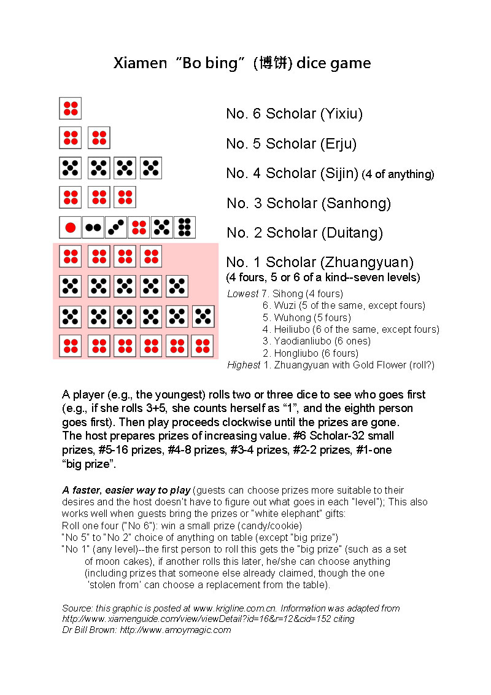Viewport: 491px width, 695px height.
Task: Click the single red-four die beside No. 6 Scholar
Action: point(71,108)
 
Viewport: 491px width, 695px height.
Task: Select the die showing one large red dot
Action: point(71,227)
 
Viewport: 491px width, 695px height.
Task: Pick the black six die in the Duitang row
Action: point(185,227)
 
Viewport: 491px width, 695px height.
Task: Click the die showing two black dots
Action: point(93,227)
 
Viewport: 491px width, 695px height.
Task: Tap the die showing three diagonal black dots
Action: point(116,227)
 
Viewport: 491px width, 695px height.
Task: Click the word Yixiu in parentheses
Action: point(342,114)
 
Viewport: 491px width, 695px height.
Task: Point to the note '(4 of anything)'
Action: point(398,174)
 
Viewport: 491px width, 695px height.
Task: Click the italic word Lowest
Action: point(242,294)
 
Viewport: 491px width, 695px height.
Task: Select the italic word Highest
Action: point(244,365)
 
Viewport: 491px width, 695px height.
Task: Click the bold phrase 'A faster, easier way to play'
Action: point(126,490)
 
